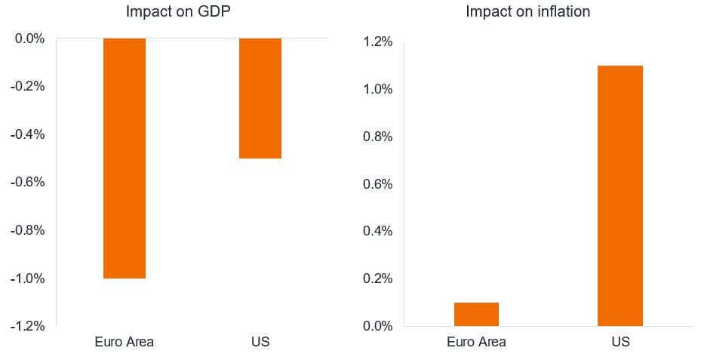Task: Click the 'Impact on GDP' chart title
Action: [178, 12]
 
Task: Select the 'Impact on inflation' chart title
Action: [527, 12]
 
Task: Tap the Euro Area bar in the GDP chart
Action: [125, 158]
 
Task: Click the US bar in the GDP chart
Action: [260, 98]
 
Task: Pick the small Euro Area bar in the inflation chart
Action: [476, 314]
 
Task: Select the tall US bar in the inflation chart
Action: [620, 196]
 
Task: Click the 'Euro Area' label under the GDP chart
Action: [125, 342]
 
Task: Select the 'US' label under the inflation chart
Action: [620, 342]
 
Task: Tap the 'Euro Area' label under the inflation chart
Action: [476, 342]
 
